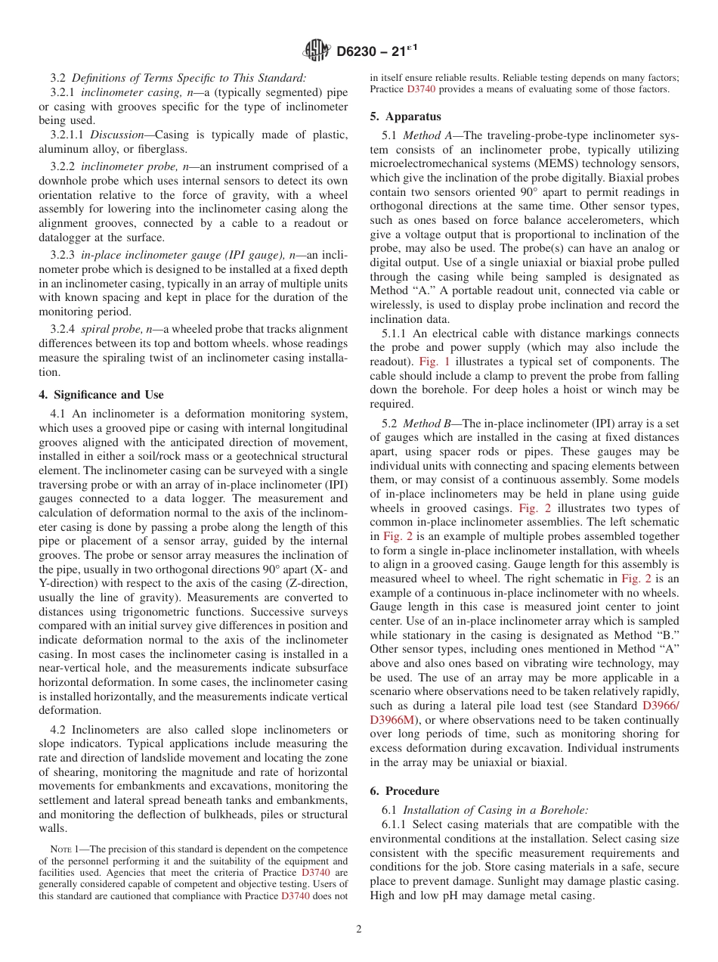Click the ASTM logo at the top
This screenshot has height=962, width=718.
coord(317,51)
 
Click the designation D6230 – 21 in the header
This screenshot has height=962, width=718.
coord(375,51)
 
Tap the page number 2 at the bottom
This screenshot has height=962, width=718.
coord(359,929)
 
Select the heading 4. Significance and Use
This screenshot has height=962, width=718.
coord(101,395)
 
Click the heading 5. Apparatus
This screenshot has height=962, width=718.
coord(405,116)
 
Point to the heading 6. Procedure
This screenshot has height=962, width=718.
coord(404,791)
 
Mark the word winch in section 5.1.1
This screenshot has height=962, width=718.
coord(633,390)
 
